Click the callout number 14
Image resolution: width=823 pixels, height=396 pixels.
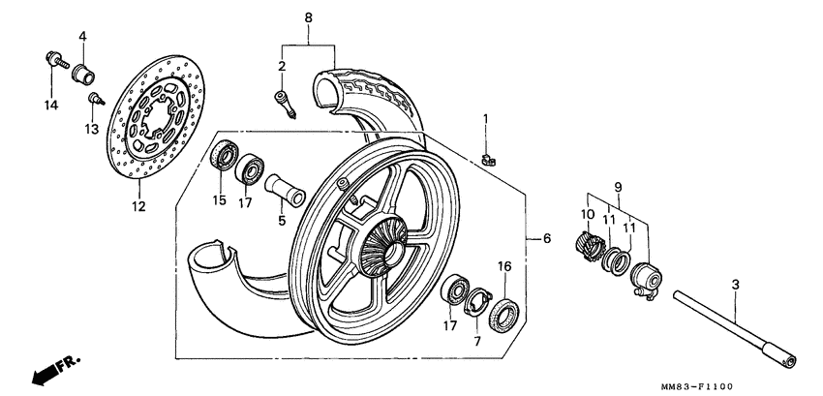pos(50,104)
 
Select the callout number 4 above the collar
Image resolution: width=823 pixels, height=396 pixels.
pos(82,37)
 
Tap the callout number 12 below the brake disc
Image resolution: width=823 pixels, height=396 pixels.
pos(137,206)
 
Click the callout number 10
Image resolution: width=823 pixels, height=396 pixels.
pos(586,214)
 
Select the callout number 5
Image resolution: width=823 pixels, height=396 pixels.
pos(282,220)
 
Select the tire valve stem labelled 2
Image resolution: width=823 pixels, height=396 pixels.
pos(284,102)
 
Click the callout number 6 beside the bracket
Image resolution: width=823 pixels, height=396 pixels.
pos(547,238)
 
